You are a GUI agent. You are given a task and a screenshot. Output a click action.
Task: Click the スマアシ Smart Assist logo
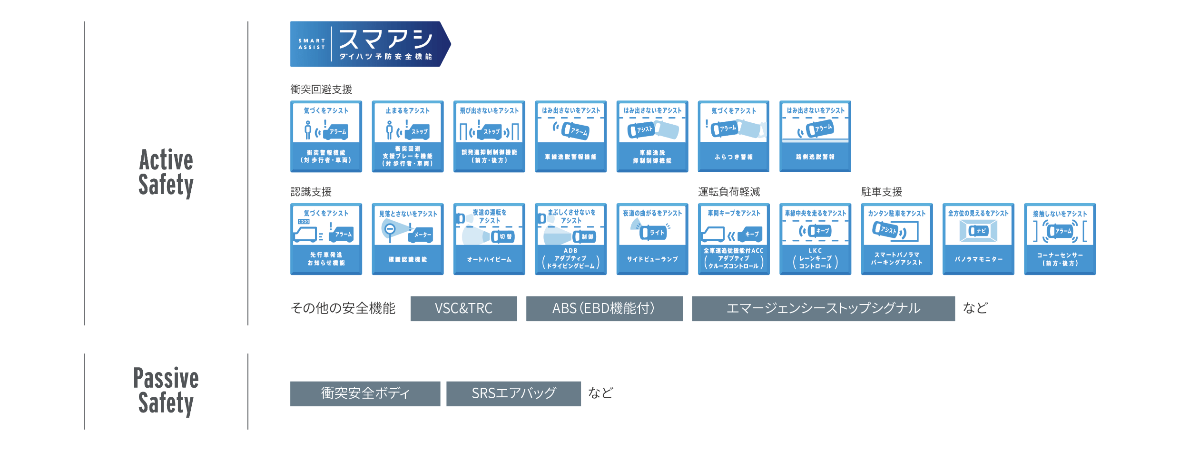370,44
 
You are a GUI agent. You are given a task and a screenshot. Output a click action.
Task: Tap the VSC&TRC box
463,308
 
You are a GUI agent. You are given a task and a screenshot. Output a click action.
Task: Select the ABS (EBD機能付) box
604,308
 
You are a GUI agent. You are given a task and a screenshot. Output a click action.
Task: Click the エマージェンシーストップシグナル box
823,308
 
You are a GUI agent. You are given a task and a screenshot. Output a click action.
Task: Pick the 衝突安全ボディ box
365,393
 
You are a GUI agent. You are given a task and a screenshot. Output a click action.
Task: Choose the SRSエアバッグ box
513,393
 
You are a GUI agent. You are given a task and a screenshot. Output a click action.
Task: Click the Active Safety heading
166,172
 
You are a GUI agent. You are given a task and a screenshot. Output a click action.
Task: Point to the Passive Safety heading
166,391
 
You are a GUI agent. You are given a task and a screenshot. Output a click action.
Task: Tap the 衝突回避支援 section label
321,89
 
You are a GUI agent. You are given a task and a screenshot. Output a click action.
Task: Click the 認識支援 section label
311,192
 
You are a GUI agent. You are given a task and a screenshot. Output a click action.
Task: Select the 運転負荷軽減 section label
728,192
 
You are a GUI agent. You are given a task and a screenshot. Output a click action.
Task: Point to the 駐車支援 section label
881,192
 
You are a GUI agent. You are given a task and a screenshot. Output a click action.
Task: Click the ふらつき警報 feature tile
733,136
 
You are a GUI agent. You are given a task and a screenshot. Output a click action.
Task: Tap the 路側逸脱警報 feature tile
815,136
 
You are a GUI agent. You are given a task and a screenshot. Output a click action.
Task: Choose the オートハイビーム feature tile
489,239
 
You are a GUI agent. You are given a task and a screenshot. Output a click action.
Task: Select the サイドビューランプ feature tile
652,239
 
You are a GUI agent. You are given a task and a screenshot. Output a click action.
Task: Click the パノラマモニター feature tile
978,239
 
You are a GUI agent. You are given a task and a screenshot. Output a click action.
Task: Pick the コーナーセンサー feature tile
1060,239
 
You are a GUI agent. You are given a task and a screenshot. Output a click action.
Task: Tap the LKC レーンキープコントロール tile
815,239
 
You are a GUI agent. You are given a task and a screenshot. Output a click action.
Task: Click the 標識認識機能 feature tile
407,239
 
